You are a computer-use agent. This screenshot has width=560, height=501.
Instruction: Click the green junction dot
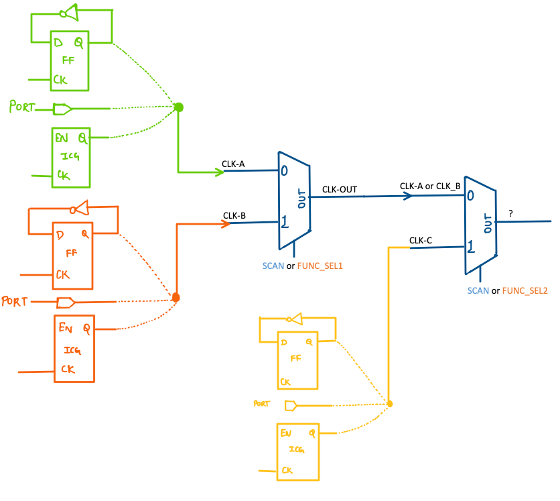[x=178, y=107]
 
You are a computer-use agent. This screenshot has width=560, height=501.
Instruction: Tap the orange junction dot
[x=176, y=297]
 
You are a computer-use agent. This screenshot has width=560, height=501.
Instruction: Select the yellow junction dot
[x=389, y=404]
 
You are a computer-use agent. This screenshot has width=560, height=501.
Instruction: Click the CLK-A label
[x=233, y=163]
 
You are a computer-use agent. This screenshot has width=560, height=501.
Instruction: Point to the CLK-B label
[x=234, y=215]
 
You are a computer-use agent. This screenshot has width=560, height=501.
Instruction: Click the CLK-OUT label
[x=339, y=190]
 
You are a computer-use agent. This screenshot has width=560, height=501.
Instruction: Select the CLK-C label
[x=420, y=240]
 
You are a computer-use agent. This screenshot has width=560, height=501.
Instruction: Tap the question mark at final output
[x=510, y=213]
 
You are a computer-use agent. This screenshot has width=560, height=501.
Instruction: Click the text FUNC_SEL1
[x=320, y=266]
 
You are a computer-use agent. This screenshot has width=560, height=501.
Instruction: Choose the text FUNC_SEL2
[x=524, y=291]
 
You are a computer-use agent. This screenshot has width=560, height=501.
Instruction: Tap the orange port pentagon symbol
[x=65, y=302]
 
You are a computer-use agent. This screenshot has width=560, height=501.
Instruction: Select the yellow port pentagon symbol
[x=290, y=405]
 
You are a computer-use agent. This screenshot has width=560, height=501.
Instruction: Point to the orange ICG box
[x=74, y=349]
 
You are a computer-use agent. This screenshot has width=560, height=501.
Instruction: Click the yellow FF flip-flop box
[x=298, y=361]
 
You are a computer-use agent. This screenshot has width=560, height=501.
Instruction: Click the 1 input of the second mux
[x=472, y=248]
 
